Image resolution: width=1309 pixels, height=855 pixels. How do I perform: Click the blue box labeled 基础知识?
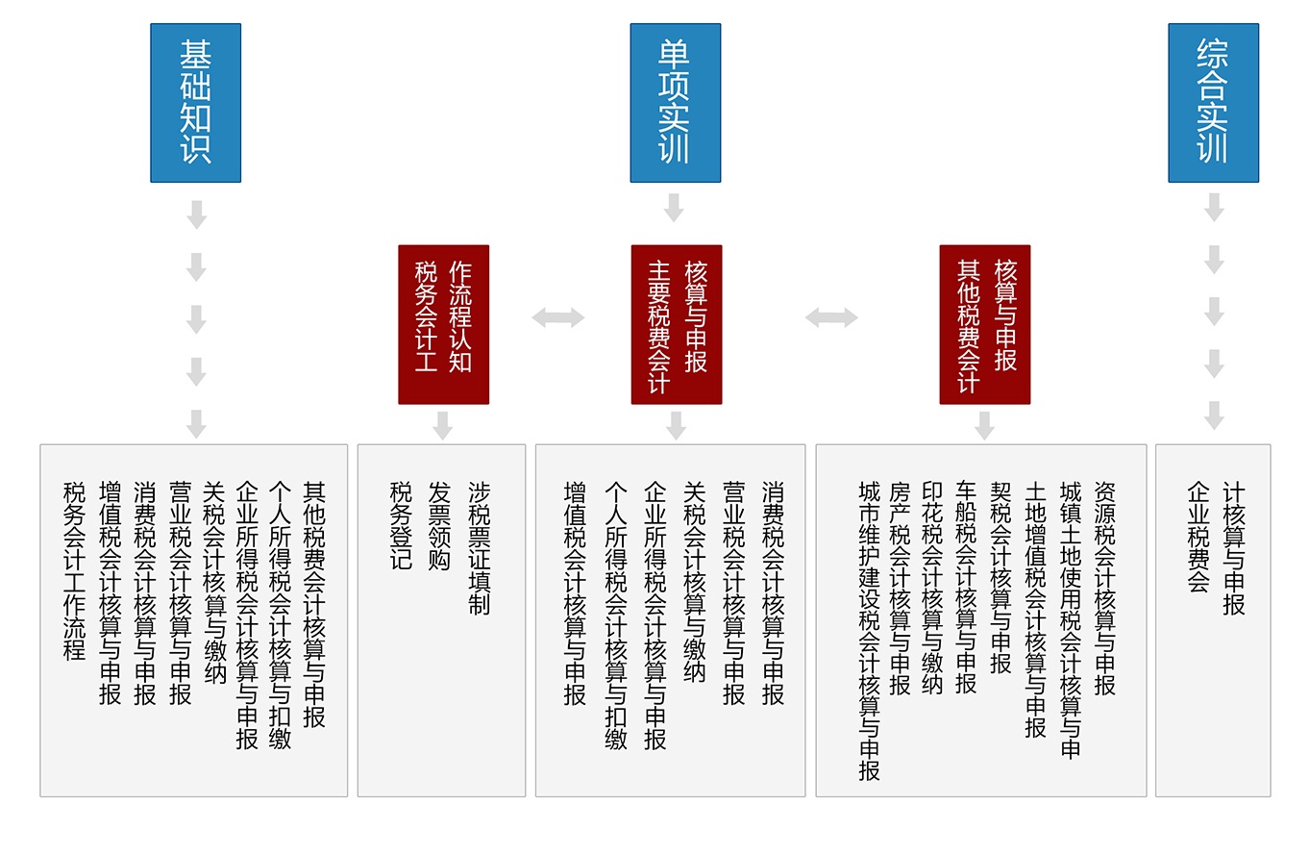(196, 103)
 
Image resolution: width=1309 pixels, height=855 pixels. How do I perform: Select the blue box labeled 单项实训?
(676, 103)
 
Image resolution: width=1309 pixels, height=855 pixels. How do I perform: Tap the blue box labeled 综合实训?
(1214, 103)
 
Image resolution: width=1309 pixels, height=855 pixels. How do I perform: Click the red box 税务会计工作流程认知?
(443, 324)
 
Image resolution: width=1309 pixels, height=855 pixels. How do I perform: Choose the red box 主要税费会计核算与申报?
(677, 324)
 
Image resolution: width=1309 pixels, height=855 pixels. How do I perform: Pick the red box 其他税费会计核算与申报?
(985, 324)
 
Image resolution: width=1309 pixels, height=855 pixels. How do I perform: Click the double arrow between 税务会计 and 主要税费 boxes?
(558, 317)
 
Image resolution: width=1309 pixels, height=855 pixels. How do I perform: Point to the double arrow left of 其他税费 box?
(831, 317)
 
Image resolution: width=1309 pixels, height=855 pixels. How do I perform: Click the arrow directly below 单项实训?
(675, 208)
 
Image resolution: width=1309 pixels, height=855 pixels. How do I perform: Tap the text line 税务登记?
(401, 525)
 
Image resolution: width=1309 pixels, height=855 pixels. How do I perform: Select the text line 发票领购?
(439, 525)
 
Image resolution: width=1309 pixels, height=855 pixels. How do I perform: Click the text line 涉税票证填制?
(480, 548)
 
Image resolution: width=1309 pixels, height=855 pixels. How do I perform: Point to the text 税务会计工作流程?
(74, 570)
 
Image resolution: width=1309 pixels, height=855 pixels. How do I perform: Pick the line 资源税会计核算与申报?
(1105, 589)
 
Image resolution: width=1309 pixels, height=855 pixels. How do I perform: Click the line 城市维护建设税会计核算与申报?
(870, 631)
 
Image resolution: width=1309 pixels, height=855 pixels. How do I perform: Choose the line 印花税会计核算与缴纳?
(932, 589)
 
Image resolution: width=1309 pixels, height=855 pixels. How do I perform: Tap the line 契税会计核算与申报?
(1001, 578)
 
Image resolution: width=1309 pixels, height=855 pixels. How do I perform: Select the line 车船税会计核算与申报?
(966, 589)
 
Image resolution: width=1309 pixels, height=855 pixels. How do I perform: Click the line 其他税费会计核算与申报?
(314, 604)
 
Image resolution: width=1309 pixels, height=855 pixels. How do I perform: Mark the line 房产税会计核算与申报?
(900, 589)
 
